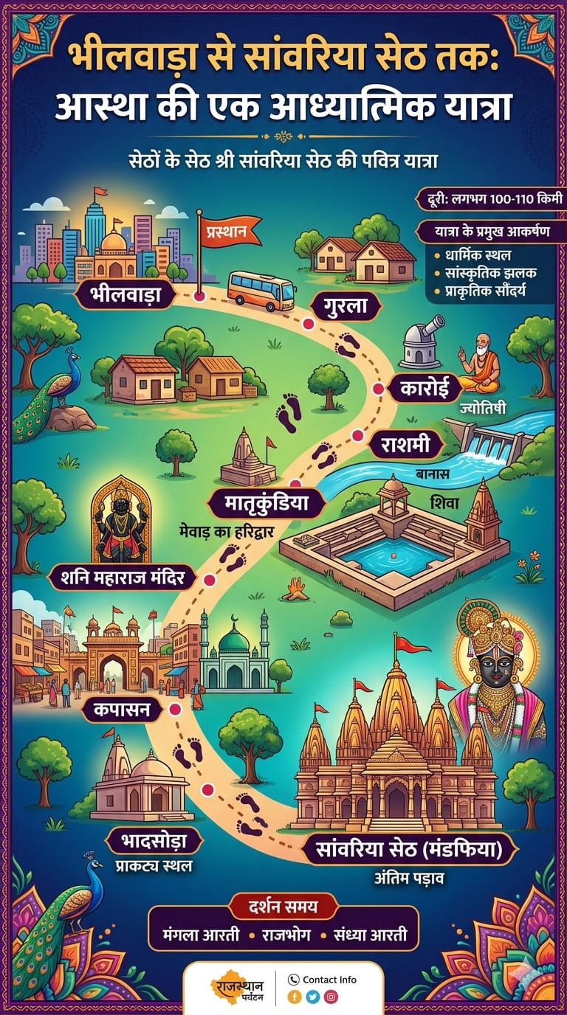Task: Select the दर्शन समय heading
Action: pos(283,905)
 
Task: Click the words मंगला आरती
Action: pos(201,935)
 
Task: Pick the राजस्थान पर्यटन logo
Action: pos(235,988)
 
